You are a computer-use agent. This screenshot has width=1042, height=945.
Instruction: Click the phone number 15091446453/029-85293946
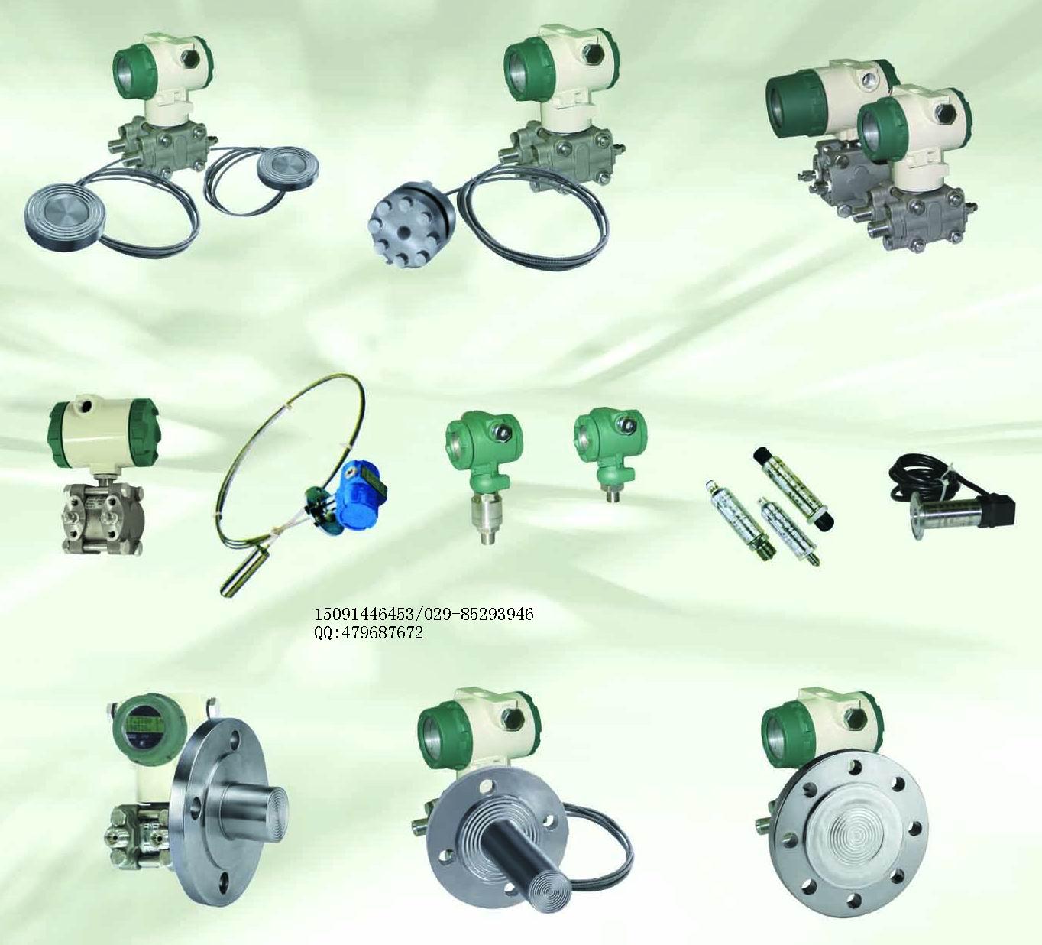coord(424,614)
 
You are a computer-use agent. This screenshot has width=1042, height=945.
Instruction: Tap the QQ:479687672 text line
coord(368,632)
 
